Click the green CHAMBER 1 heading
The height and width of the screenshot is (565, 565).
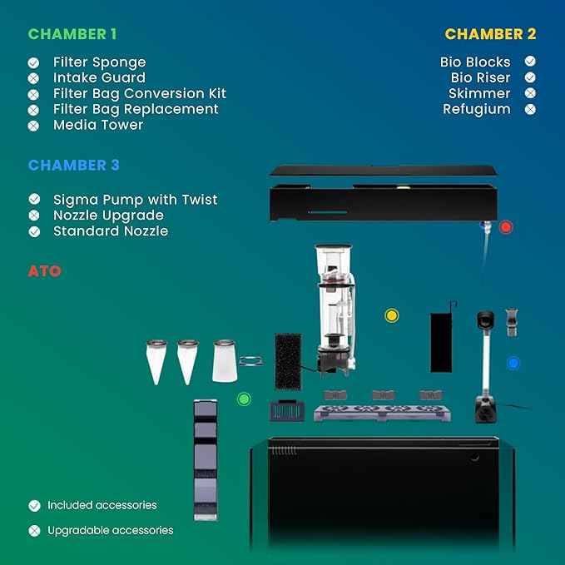point(72,34)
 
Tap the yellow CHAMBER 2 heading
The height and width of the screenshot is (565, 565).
point(490,34)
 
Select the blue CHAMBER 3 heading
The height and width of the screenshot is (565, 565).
point(74,165)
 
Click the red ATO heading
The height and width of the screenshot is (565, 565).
point(45,271)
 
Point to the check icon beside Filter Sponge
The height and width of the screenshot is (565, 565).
point(33,62)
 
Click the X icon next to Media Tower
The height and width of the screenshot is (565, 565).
point(33,126)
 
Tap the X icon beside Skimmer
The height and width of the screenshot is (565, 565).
point(530,93)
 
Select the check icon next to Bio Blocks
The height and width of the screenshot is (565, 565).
point(530,62)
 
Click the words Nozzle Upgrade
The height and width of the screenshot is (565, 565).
point(108,216)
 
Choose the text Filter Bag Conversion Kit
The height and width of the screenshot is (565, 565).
point(140,94)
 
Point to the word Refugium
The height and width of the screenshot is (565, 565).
point(476,109)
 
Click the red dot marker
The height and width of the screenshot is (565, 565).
point(506,227)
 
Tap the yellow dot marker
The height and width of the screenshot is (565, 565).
point(392,315)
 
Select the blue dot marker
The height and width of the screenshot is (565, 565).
point(513,363)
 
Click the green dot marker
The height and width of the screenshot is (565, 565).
point(244,399)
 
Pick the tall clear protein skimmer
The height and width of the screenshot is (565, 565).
point(336,310)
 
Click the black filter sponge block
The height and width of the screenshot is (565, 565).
point(288,361)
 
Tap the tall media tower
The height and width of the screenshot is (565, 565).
point(206,460)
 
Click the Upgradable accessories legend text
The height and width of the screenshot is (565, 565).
point(111,530)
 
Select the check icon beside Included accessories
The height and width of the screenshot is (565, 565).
point(34,506)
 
